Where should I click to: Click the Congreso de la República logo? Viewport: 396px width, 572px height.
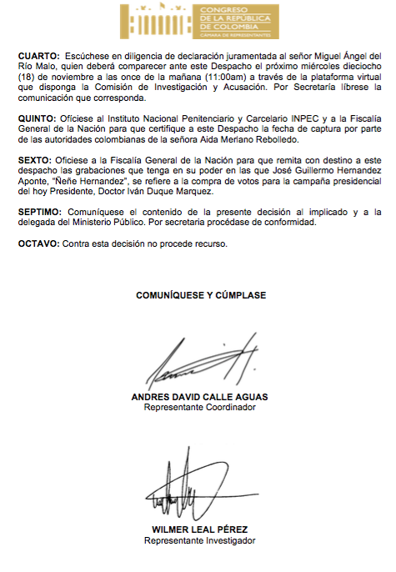(197, 20)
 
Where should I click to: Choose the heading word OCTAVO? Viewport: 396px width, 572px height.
(38, 243)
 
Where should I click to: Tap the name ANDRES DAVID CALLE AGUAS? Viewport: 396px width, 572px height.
(200, 397)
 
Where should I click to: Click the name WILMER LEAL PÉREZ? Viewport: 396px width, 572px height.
(199, 529)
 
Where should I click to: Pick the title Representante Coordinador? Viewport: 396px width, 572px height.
(199, 408)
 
